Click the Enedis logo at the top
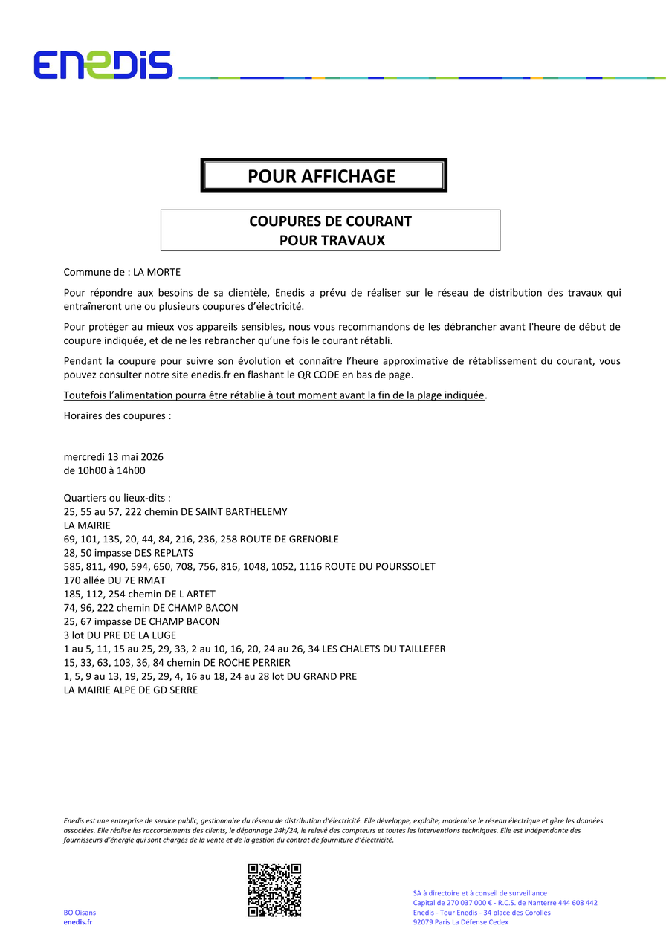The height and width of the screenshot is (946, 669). coord(103,65)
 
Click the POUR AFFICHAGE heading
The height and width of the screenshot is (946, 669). coord(322,176)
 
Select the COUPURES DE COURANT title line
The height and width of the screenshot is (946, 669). coord(330,221)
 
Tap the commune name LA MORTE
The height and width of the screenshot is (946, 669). coord(157,272)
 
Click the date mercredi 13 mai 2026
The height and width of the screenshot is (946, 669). coord(114,456)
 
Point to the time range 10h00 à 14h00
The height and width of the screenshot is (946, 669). coord(105,470)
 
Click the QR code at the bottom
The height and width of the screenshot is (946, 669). coord(274,890)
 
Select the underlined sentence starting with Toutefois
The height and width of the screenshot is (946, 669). coord(274,395)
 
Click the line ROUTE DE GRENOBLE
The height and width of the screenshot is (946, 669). coord(201,539)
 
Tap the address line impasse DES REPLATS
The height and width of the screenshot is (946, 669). coord(129,553)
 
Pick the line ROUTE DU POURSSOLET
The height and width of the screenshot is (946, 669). coord(250,566)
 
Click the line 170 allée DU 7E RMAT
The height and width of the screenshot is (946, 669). coord(114,580)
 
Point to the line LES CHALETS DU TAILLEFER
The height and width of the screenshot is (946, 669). coord(255,649)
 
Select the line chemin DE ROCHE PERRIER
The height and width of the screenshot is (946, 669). coord(177,662)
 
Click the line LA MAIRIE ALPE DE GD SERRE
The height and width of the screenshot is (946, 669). coord(131,690)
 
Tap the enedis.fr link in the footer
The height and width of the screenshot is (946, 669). coord(78,922)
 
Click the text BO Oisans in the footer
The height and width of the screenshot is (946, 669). coord(80,913)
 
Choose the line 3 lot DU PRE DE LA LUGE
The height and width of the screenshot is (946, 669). coord(120,635)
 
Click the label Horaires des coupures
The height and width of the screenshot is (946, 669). coord(117,415)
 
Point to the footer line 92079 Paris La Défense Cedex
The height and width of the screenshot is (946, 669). coord(460,922)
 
